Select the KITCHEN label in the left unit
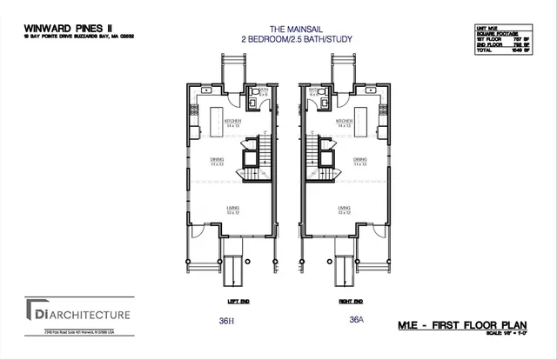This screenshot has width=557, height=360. click(232, 120)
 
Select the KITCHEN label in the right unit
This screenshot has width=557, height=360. click(343, 120)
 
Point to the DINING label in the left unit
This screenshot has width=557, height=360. click(218, 159)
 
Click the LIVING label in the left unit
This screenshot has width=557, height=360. click(232, 208)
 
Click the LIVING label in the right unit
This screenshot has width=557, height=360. click(343, 208)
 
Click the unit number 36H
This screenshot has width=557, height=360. click(228, 320)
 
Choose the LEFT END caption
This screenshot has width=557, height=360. click(227, 302)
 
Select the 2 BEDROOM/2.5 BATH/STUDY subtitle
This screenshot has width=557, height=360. click(278, 40)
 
